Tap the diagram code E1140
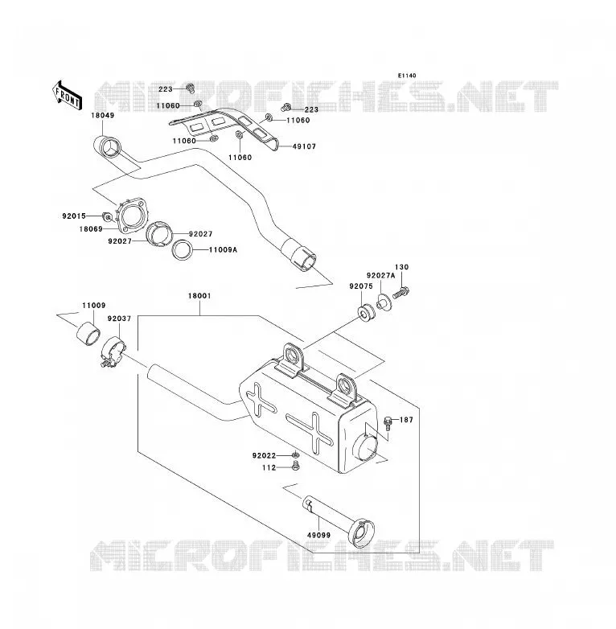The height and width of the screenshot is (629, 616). [x=407, y=76]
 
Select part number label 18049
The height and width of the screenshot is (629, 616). [x=103, y=115]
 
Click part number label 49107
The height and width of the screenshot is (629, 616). [x=305, y=146]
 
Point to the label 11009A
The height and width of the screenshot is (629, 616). [x=223, y=249]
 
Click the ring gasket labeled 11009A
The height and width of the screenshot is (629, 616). [x=183, y=250]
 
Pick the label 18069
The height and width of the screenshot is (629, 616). [x=91, y=229]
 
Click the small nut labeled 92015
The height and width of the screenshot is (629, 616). [x=107, y=216]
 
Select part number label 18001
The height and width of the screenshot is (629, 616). [x=199, y=296]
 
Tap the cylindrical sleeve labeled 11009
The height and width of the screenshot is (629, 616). [x=88, y=332]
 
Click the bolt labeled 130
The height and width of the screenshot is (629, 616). [x=400, y=293]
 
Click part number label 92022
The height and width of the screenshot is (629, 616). [x=264, y=456]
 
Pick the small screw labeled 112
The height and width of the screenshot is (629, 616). [x=296, y=467]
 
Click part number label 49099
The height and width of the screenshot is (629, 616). [x=318, y=535]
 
